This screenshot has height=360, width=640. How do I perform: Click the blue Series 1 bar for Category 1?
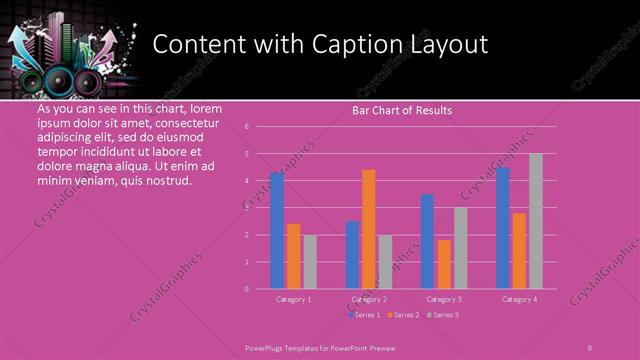[277, 231]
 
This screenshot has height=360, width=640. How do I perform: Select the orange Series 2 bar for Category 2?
[369, 229]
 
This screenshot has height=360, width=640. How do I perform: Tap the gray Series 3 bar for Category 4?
[536, 221]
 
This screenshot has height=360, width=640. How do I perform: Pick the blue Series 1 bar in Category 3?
[428, 241]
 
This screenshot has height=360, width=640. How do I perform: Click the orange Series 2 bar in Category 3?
[444, 264]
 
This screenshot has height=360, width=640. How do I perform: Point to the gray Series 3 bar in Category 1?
[310, 262]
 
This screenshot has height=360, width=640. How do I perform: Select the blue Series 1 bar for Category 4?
[503, 228]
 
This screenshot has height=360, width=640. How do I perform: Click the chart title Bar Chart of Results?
[402, 110]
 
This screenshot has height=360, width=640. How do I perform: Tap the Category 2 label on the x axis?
[369, 299]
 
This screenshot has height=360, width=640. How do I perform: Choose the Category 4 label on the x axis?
[519, 299]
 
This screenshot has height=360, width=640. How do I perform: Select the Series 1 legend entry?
[364, 315]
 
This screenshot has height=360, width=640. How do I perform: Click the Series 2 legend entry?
[403, 315]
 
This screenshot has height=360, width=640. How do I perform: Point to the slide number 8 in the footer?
[590, 347]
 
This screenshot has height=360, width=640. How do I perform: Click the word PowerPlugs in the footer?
[268, 347]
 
